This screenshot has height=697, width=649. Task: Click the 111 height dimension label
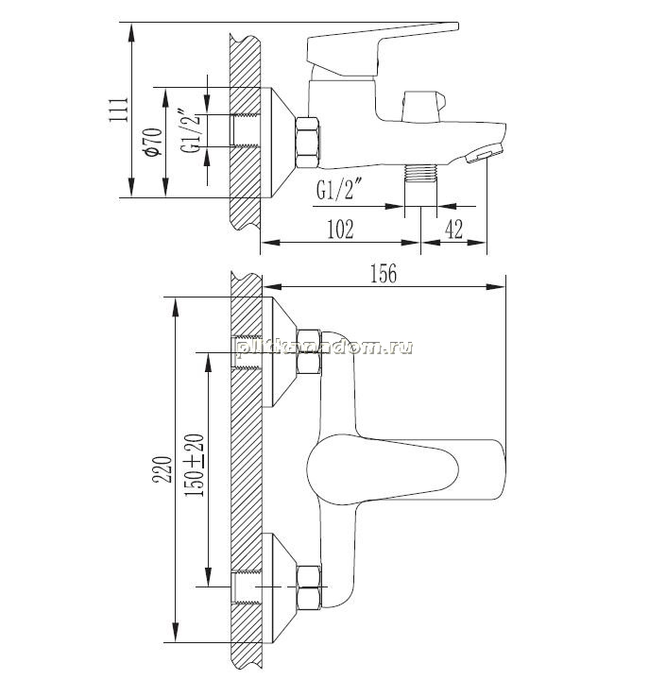pyautogui.click(x=119, y=109)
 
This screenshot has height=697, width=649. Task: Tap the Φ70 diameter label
pyautogui.click(x=153, y=143)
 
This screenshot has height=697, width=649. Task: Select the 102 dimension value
pyautogui.click(x=340, y=229)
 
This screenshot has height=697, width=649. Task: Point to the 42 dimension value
pyautogui.click(x=453, y=229)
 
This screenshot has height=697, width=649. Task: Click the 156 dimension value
pyautogui.click(x=384, y=273)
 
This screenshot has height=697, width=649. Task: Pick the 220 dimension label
pyautogui.click(x=162, y=469)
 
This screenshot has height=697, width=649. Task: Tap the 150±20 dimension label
pyautogui.click(x=196, y=465)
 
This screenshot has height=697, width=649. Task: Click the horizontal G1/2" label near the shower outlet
pyautogui.click(x=338, y=190)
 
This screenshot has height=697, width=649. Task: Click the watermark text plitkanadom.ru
pyautogui.click(x=325, y=348)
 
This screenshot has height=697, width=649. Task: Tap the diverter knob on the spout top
pyautogui.click(x=423, y=106)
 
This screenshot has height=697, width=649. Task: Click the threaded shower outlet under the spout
pyautogui.click(x=421, y=173)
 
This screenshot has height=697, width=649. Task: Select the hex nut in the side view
pyautogui.click(x=308, y=143)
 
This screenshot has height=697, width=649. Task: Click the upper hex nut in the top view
pyautogui.click(x=309, y=352)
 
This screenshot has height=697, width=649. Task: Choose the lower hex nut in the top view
pyautogui.click(x=309, y=587)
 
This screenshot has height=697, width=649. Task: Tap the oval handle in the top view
pyautogui.click(x=405, y=469)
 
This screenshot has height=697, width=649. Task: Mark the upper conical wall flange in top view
pyautogui.click(x=280, y=351)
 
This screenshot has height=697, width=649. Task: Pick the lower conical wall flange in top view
pyautogui.click(x=280, y=587)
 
